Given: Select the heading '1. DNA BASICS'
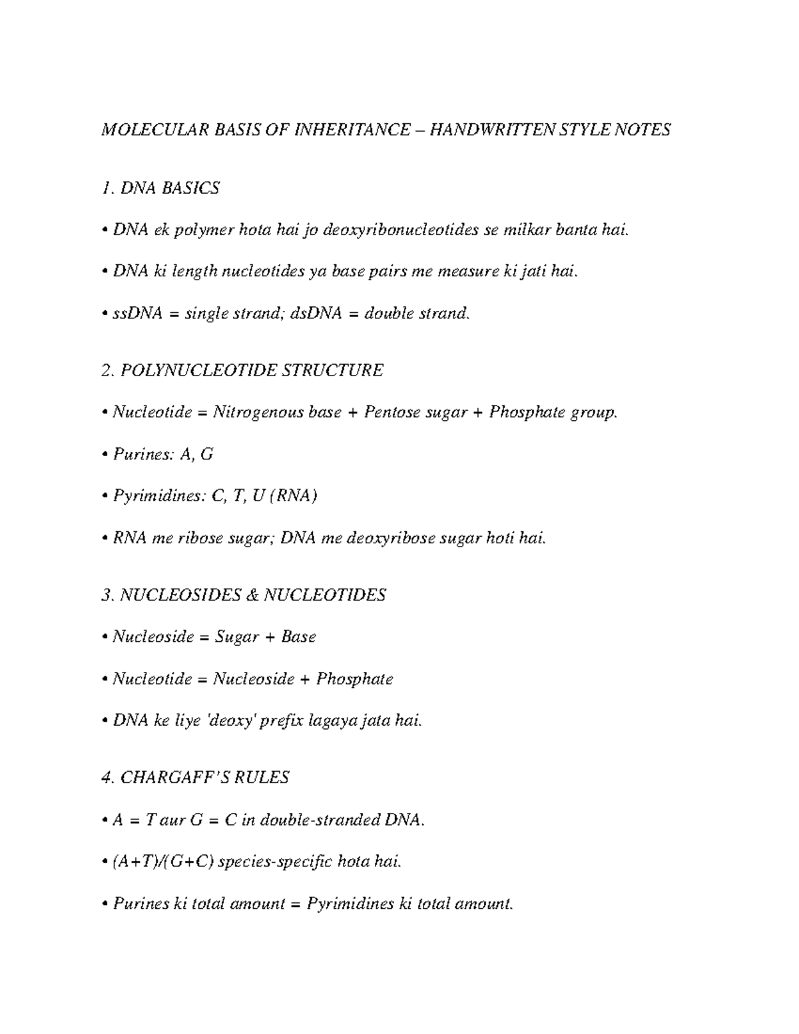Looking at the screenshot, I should (160, 188).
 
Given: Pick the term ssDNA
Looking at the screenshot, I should (137, 313).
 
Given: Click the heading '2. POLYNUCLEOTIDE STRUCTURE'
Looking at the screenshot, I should (242, 370).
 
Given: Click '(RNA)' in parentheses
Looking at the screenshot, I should (294, 497).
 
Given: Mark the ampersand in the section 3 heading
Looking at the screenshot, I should (251, 595).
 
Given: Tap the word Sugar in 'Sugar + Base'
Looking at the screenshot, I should (236, 637).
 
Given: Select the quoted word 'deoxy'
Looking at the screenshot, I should (229, 720).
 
